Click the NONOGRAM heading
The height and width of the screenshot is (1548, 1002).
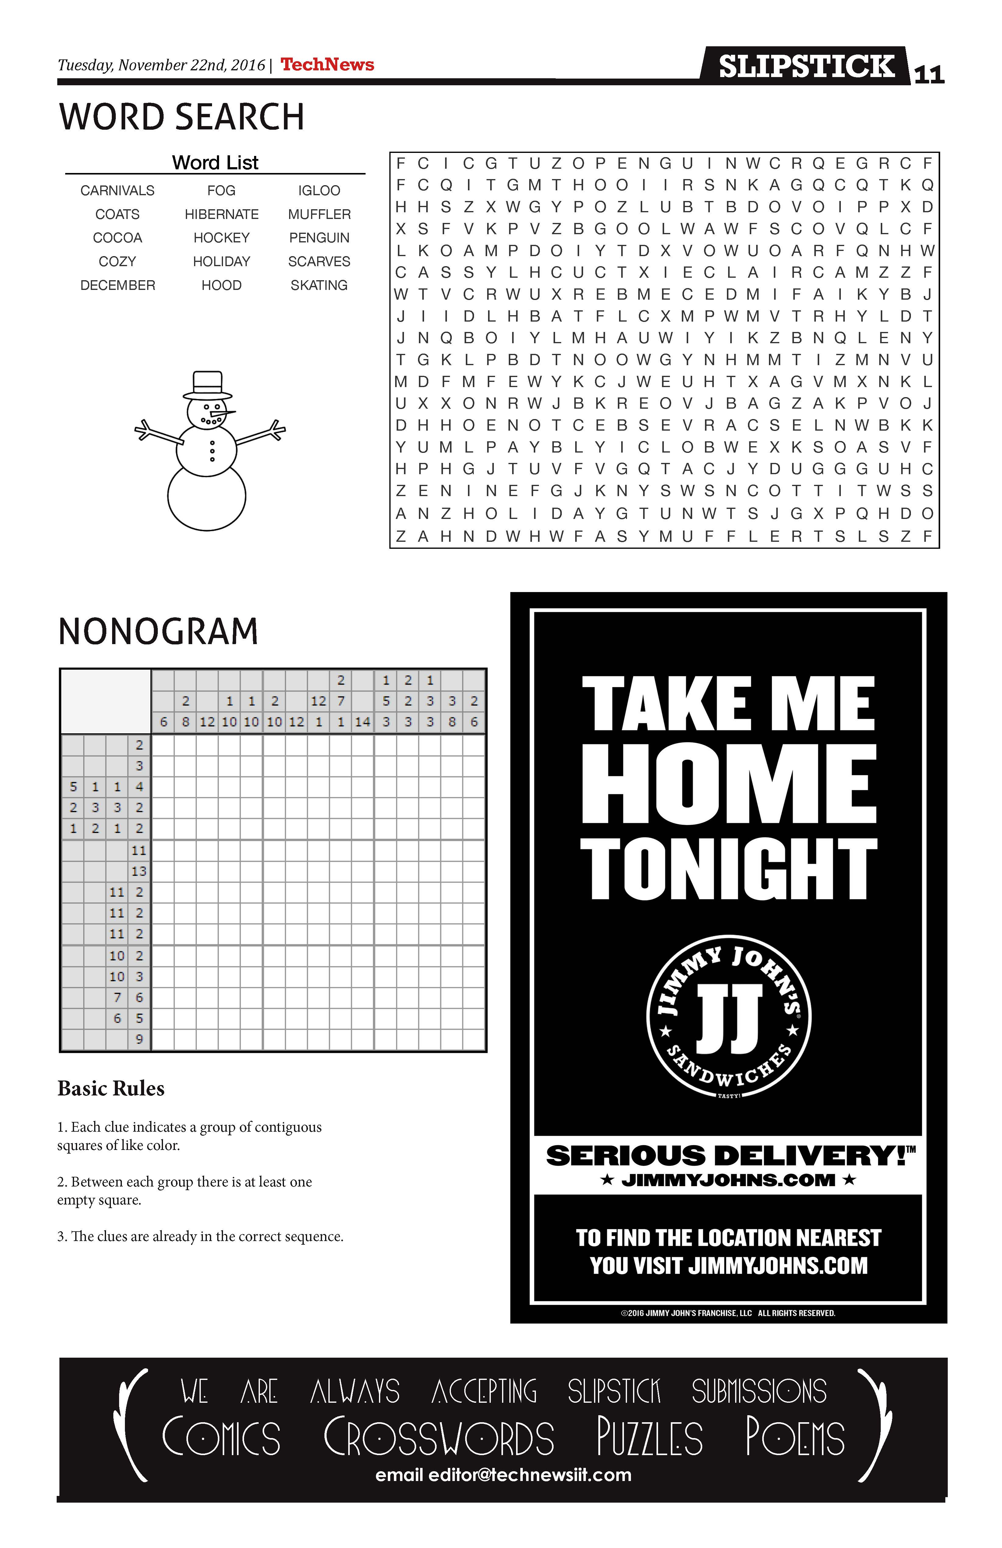pyautogui.click(x=158, y=632)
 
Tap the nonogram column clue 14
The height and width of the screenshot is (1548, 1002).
pyautogui.click(x=363, y=722)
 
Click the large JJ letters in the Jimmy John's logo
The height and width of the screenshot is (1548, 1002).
pyautogui.click(x=729, y=1019)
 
